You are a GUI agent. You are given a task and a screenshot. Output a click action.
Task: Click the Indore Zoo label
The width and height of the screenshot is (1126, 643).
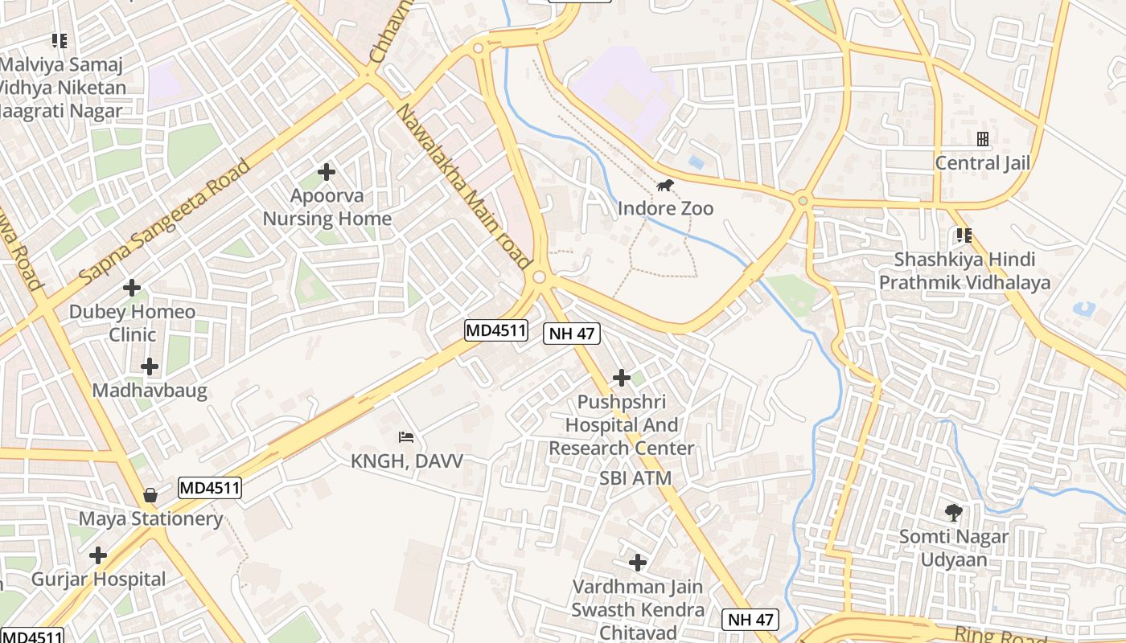pos(665,208)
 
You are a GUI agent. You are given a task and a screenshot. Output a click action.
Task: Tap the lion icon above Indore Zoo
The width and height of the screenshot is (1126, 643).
pos(665,186)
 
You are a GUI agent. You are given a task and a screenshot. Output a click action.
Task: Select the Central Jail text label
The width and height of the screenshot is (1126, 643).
pos(982,163)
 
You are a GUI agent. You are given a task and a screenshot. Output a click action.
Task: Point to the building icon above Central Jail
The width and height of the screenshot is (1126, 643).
pos(982,139)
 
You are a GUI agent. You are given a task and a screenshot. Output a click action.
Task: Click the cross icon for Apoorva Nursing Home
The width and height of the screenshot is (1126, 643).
pos(327,172)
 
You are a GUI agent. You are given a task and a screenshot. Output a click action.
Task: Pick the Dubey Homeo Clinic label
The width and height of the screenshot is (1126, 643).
pos(132,322)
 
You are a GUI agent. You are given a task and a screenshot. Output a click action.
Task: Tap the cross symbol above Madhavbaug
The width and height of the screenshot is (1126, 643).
pos(150,367)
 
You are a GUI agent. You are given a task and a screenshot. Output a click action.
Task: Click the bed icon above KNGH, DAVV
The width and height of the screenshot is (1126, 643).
pos(407,437)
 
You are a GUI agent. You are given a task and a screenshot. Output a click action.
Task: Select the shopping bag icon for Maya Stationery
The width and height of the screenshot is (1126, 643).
pos(150,495)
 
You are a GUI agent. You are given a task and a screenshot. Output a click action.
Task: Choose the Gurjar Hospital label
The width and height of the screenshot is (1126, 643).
pos(98,579)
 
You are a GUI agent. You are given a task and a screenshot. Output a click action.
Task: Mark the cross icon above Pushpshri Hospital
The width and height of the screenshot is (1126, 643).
pos(621,377)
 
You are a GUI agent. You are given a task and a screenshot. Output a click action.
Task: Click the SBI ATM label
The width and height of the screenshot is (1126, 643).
pos(635,478)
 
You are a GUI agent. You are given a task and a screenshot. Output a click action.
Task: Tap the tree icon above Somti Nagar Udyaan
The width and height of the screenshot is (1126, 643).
pos(954,512)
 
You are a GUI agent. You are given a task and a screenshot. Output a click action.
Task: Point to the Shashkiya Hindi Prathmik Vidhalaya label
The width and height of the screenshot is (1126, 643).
pos(964,271)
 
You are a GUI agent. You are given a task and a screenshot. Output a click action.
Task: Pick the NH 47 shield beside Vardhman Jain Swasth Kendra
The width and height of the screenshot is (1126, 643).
pos(751,619)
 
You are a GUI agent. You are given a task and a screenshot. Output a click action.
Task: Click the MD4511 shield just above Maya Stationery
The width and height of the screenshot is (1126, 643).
pos(210,487)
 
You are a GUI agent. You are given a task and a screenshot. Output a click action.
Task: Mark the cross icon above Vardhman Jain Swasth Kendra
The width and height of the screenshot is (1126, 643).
pos(638,563)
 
